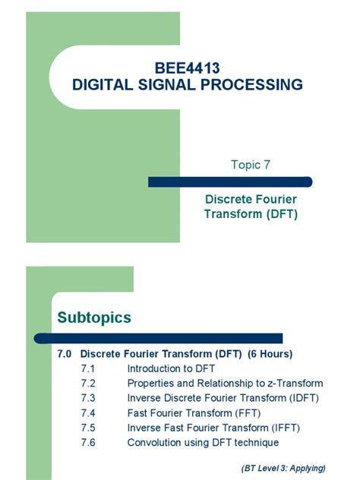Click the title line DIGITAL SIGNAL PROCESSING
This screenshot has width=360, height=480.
[x=187, y=85]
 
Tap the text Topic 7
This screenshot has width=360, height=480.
[x=251, y=165]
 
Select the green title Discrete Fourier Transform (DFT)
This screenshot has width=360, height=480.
[x=251, y=206]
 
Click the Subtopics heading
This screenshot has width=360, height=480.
[x=94, y=317]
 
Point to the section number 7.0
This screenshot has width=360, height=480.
[x=65, y=354]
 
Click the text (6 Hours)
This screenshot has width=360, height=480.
[x=270, y=354]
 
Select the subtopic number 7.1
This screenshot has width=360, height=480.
[x=88, y=368]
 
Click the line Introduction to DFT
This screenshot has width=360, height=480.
[x=171, y=368]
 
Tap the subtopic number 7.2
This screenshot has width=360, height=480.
[x=88, y=384]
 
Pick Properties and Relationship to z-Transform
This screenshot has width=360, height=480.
[x=225, y=384]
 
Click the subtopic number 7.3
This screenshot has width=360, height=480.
[x=88, y=398]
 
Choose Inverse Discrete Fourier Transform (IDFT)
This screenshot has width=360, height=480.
[x=223, y=398]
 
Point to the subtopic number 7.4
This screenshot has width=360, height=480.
[x=88, y=413]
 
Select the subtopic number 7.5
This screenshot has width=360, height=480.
[x=88, y=428]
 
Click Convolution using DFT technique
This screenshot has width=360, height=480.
[x=203, y=442]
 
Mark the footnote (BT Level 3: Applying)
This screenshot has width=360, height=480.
[x=283, y=467]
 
